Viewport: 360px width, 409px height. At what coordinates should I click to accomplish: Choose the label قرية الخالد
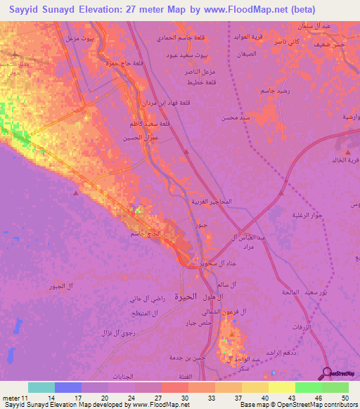[345, 160]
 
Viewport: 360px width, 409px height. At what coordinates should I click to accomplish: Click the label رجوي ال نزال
[96, 331]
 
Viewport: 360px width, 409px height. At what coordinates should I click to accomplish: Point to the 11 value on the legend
[23, 398]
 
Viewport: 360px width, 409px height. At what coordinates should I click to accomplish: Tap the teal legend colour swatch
[41, 387]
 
